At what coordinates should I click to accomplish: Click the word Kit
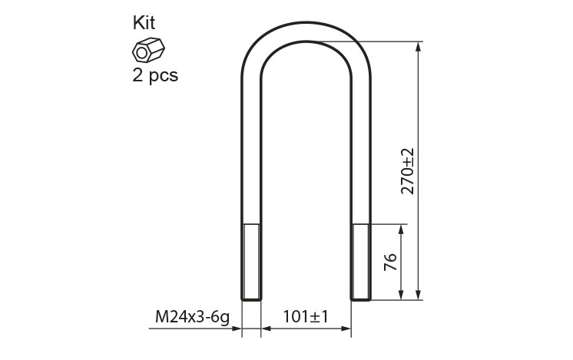coord(144,22)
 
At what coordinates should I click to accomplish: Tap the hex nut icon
coord(148,50)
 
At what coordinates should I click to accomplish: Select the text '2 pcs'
coord(155,75)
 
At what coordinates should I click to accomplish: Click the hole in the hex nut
coord(141,54)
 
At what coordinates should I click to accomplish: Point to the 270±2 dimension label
coord(408,171)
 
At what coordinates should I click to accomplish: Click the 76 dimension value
coord(390,262)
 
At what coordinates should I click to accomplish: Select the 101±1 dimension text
coord(306,316)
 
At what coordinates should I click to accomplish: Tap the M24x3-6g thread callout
coord(192,316)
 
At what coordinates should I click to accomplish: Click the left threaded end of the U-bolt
coord(251,263)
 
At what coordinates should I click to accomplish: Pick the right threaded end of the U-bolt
coord(361,263)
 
